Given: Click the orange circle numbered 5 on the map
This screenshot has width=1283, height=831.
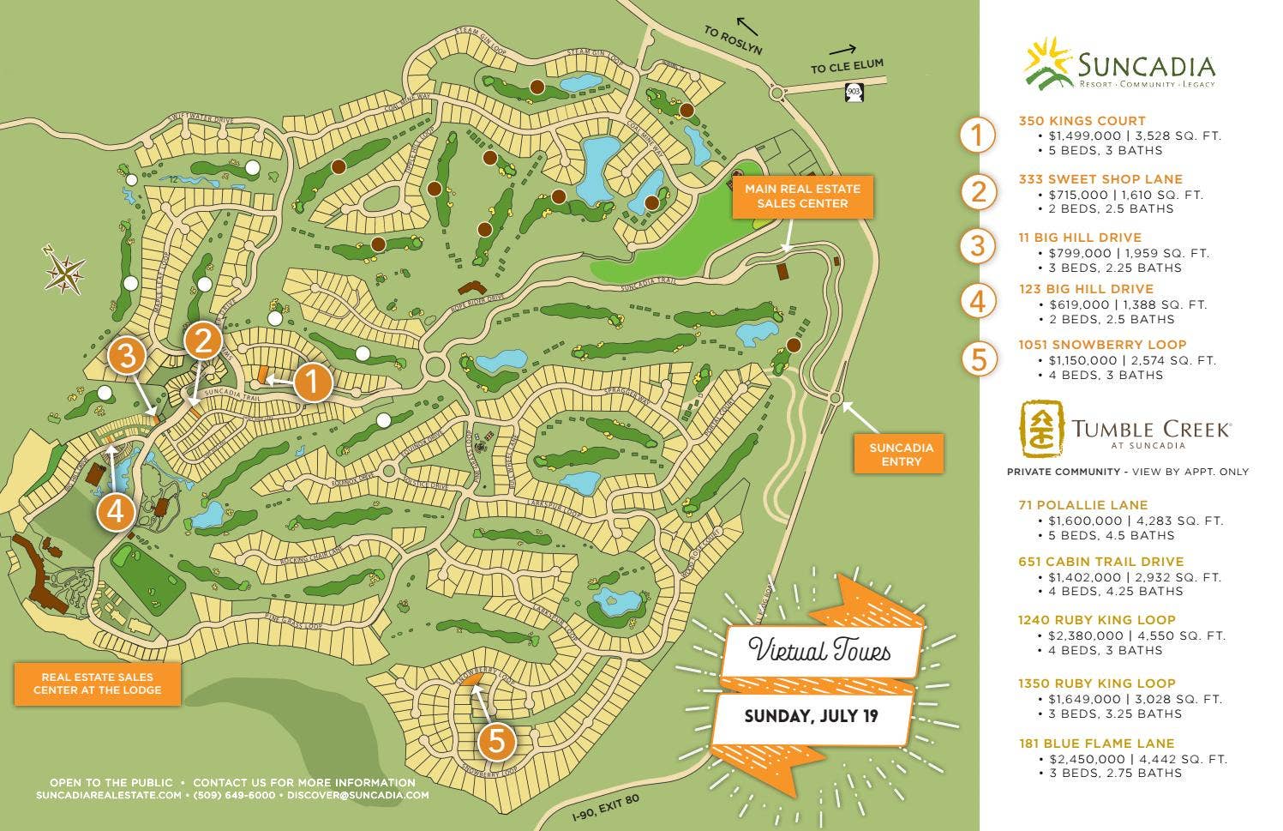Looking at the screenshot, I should [x=496, y=741].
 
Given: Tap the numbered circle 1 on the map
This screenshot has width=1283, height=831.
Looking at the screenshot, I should [x=313, y=382].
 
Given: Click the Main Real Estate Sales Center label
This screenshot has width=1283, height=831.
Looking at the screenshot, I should [x=802, y=196].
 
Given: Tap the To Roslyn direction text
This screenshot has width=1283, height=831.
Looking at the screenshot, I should [x=733, y=40].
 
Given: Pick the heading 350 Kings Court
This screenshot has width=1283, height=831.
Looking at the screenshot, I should [x=1082, y=121].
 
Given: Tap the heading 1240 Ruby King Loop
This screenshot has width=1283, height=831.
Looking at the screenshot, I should [x=1096, y=620].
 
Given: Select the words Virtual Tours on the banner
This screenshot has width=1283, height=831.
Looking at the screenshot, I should [x=820, y=651].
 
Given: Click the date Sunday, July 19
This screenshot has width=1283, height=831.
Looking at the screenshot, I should [x=811, y=716].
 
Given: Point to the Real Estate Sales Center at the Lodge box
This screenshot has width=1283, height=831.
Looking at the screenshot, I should [x=98, y=683].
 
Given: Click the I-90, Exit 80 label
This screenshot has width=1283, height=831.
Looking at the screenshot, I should [x=606, y=810].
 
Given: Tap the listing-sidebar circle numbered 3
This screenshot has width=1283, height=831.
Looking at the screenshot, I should [x=978, y=246].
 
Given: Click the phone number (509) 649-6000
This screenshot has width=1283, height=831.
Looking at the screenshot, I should [x=234, y=795].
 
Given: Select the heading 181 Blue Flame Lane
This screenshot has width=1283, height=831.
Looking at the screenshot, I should [x=1096, y=744].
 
